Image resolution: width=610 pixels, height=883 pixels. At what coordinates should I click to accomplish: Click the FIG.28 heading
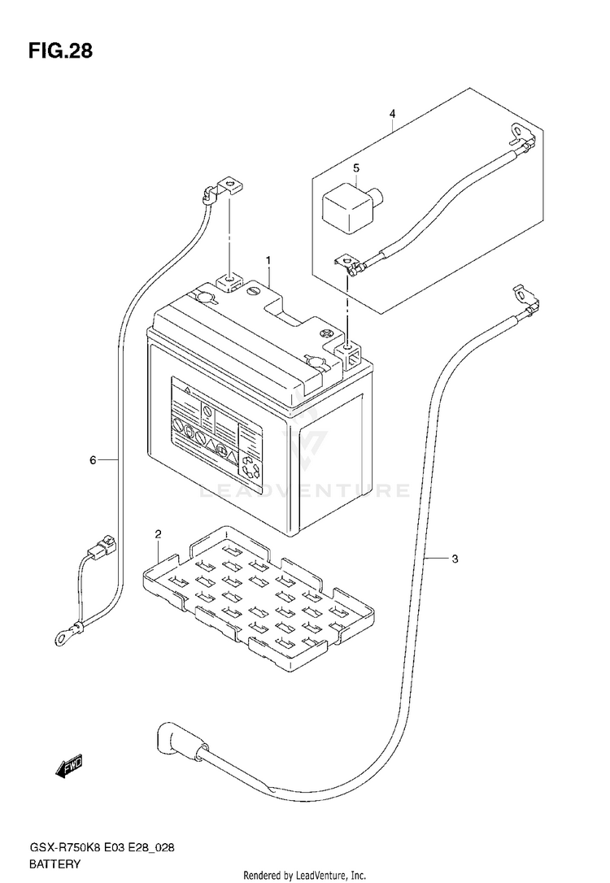60,50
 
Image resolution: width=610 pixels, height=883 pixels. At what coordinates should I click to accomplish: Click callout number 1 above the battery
268,261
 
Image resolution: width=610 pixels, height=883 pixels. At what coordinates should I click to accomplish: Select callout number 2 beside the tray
159,534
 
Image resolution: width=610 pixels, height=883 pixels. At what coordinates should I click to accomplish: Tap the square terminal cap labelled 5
351,206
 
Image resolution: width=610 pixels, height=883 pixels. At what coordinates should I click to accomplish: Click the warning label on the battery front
217,428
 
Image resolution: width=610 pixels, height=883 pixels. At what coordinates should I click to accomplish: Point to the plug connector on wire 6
103,546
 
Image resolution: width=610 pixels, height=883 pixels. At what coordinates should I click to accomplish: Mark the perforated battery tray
259,600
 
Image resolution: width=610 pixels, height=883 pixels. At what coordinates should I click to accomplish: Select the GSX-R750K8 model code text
59,849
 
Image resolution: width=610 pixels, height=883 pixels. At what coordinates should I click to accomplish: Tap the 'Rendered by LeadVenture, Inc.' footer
305,876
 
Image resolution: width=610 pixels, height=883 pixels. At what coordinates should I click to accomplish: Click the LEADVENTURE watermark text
305,490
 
